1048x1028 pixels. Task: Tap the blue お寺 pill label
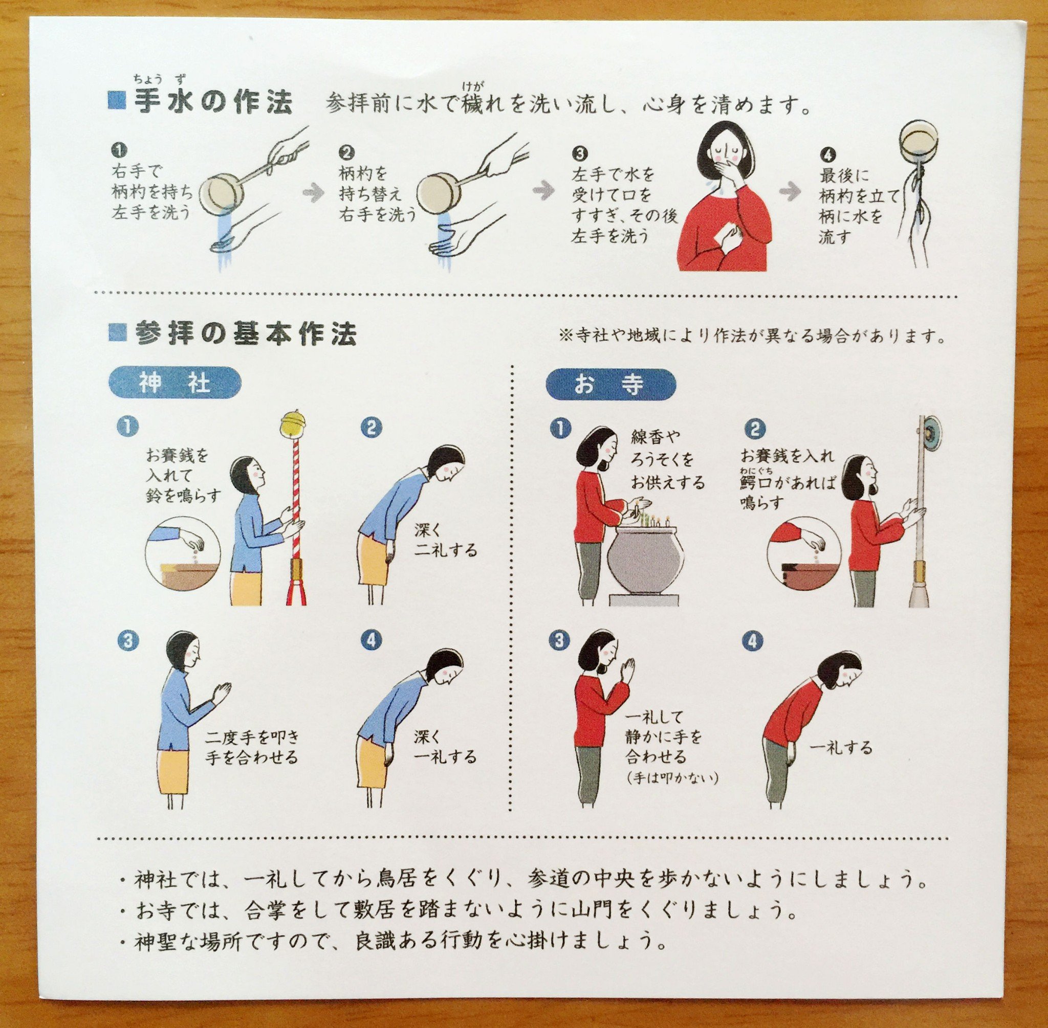click(x=611, y=384)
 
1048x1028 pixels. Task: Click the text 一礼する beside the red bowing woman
click(x=842, y=748)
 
